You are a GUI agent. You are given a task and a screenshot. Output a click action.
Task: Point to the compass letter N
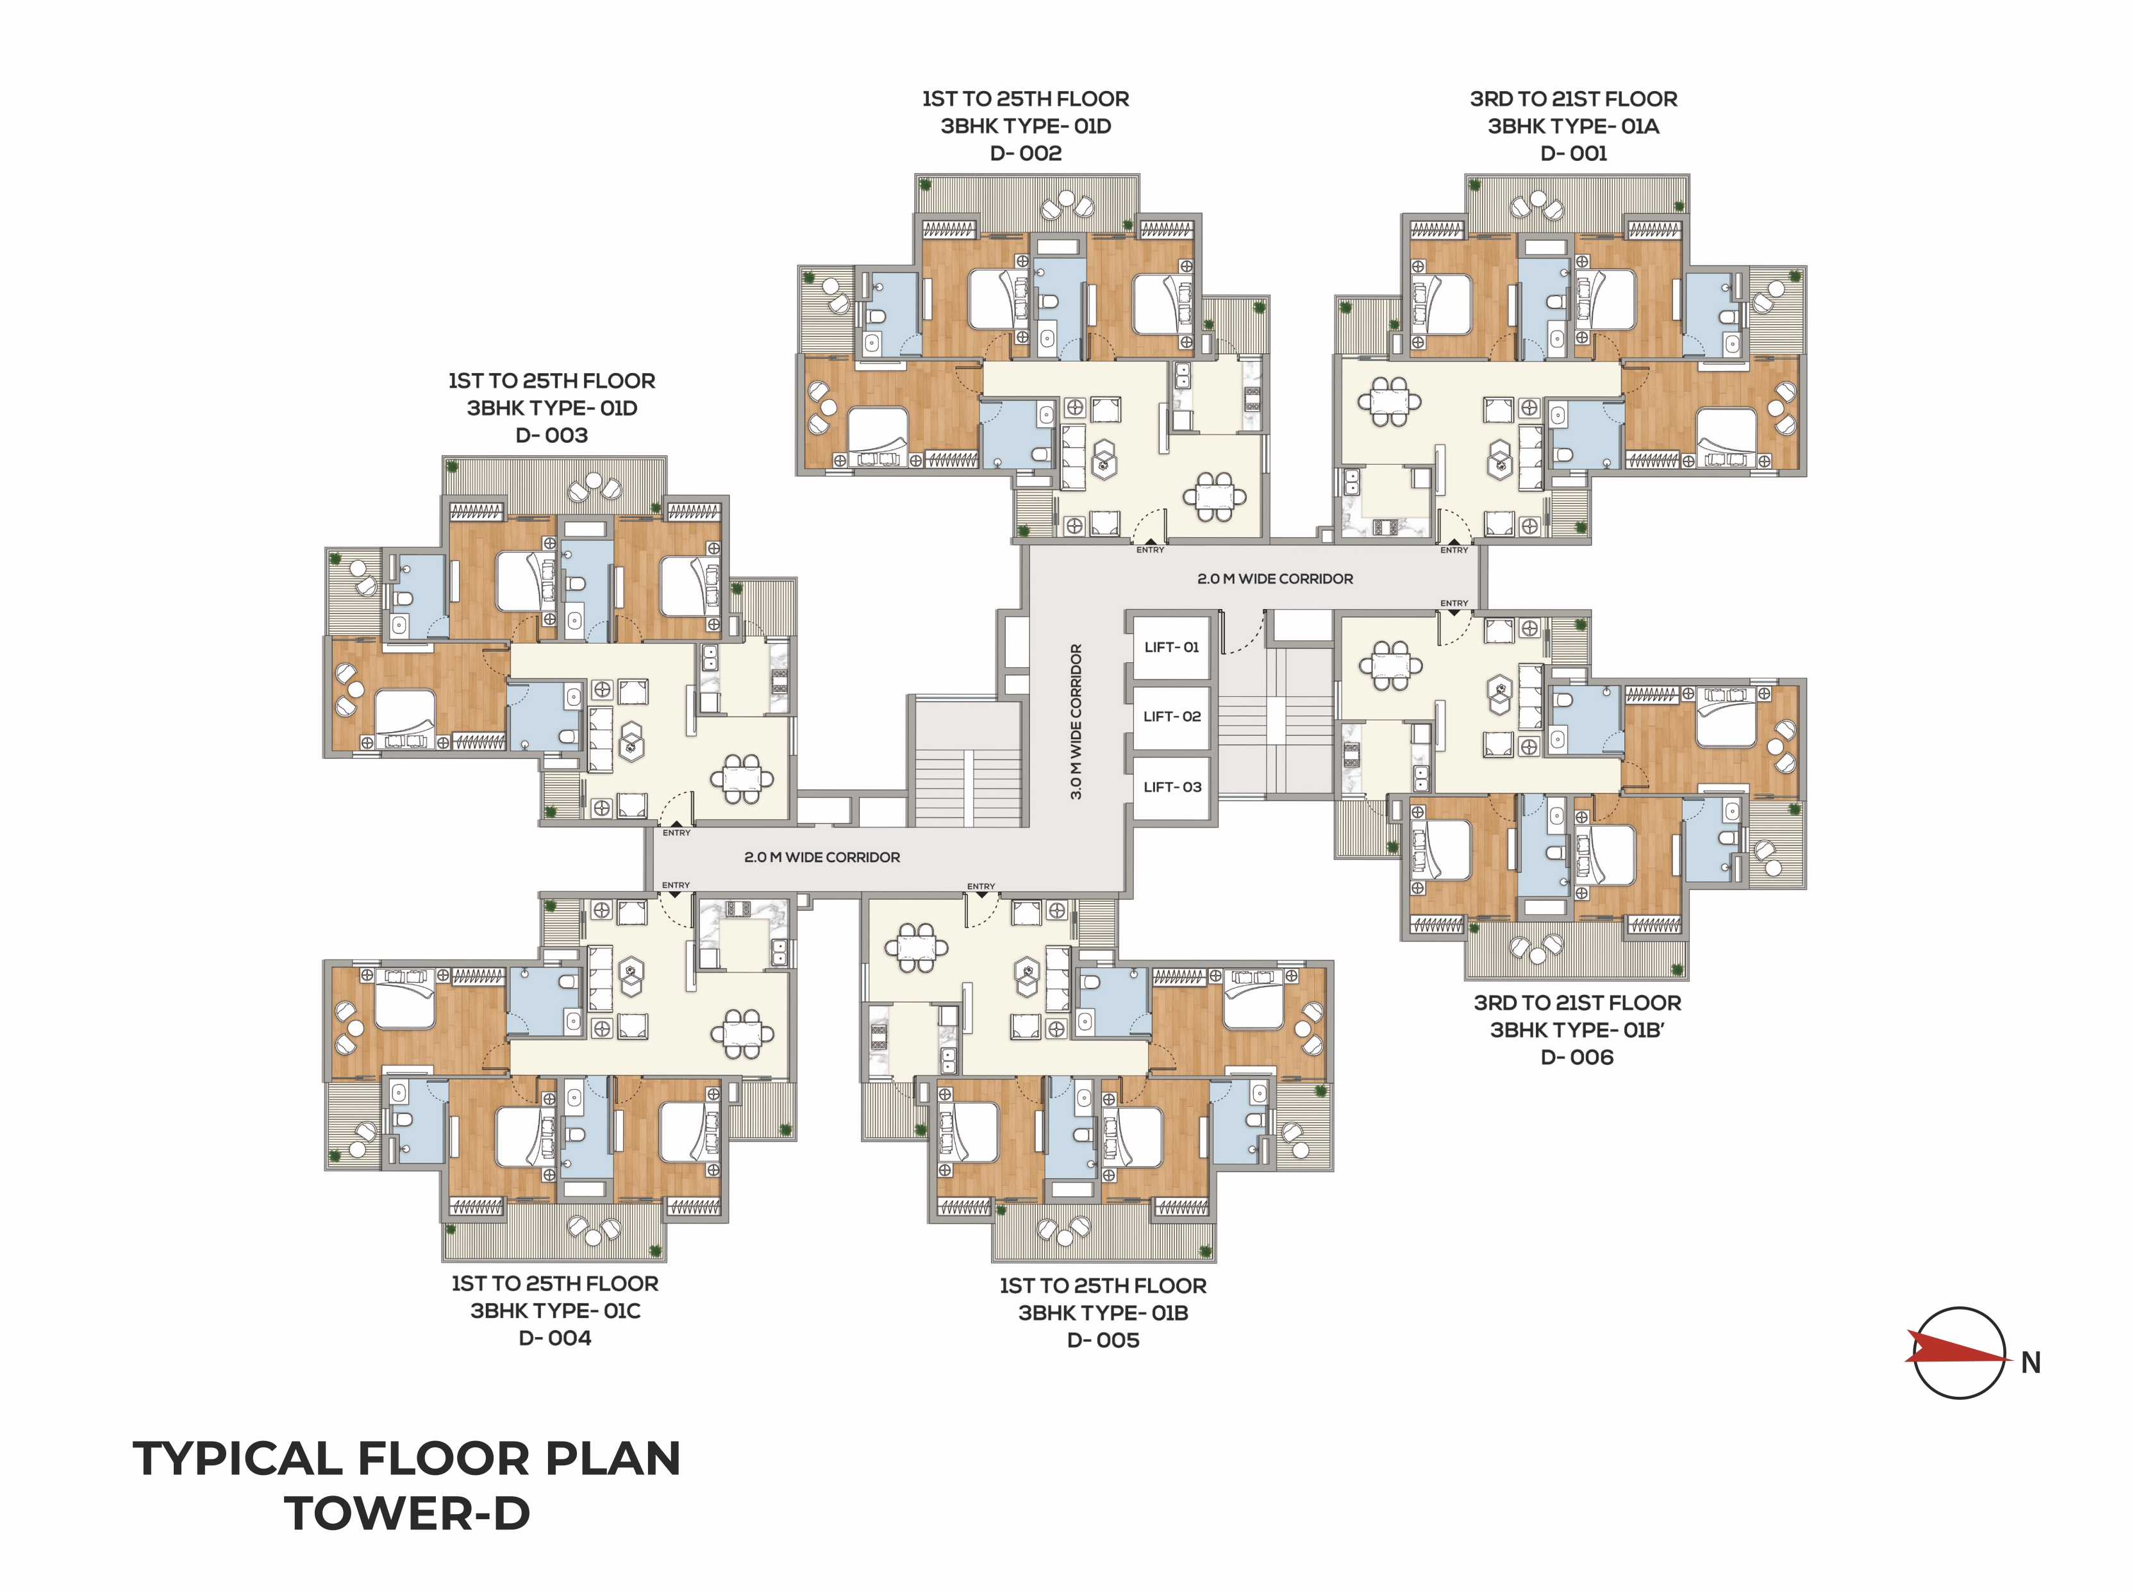(x=2031, y=1363)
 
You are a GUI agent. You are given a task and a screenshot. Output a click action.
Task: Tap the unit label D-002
(x=1026, y=153)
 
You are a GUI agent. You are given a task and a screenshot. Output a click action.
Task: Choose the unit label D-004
(x=554, y=1338)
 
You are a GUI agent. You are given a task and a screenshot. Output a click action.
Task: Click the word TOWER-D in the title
(x=406, y=1513)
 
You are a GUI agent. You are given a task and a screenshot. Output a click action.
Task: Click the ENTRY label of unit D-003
(x=676, y=833)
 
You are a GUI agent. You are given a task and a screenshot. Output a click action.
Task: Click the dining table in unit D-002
(x=1214, y=497)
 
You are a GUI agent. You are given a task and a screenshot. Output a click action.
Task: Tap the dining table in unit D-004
(x=742, y=1033)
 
